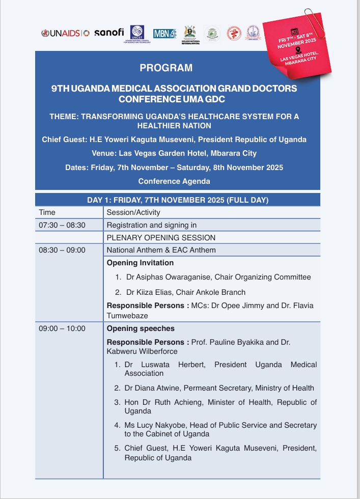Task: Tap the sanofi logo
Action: (109, 32)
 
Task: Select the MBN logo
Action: (164, 33)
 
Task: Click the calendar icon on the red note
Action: (293, 32)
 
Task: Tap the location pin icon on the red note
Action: (297, 51)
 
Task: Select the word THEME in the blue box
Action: (65, 117)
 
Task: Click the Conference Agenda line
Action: (174, 181)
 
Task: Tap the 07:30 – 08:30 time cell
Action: (62, 225)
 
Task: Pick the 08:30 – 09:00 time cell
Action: (62, 250)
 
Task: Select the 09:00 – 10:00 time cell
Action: (62, 328)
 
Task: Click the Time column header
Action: (47, 212)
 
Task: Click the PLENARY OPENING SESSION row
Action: (161, 238)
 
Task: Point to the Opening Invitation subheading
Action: (140, 263)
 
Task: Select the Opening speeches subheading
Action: (141, 328)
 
